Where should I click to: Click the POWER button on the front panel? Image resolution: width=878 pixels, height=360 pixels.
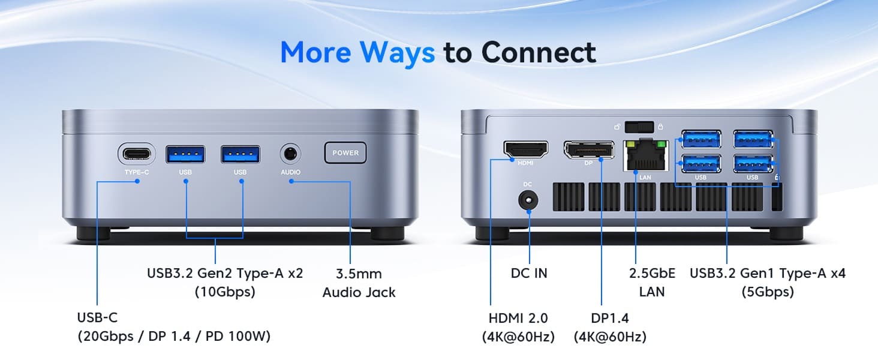pos(345,152)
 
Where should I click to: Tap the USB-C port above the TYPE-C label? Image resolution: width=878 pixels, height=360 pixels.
pos(136,154)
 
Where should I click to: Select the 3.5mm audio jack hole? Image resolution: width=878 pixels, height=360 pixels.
pos(290,154)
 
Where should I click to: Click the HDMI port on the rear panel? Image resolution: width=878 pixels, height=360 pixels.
pos(525,150)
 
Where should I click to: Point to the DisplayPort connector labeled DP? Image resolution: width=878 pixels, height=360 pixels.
pos(589,150)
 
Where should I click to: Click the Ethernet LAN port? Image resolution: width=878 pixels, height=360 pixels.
pos(645,155)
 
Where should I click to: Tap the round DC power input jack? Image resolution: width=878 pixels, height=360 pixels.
pos(528,200)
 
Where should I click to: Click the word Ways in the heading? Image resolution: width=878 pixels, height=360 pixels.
pos(397,53)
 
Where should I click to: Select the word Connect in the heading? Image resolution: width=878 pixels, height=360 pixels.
pos(539,52)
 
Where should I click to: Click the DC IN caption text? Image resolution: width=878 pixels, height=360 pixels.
pos(529,274)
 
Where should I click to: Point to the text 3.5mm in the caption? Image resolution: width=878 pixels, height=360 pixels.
pos(359,274)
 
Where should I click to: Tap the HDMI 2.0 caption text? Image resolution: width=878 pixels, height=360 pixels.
pos(518,318)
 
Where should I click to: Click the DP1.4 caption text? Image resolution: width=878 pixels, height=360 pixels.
pos(609,318)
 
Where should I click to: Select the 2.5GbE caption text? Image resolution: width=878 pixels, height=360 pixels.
pos(652,274)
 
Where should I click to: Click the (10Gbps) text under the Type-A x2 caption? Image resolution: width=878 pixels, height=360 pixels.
pos(225,292)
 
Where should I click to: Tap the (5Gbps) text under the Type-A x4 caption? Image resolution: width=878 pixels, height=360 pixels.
pos(768,292)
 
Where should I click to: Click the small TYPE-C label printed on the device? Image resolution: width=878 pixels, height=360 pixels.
pos(137,172)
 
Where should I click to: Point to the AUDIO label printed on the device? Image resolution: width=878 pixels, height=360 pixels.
pos(290,172)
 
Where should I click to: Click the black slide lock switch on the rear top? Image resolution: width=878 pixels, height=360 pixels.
pos(639,127)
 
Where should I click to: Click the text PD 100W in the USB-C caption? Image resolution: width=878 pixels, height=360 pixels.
pos(238,337)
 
